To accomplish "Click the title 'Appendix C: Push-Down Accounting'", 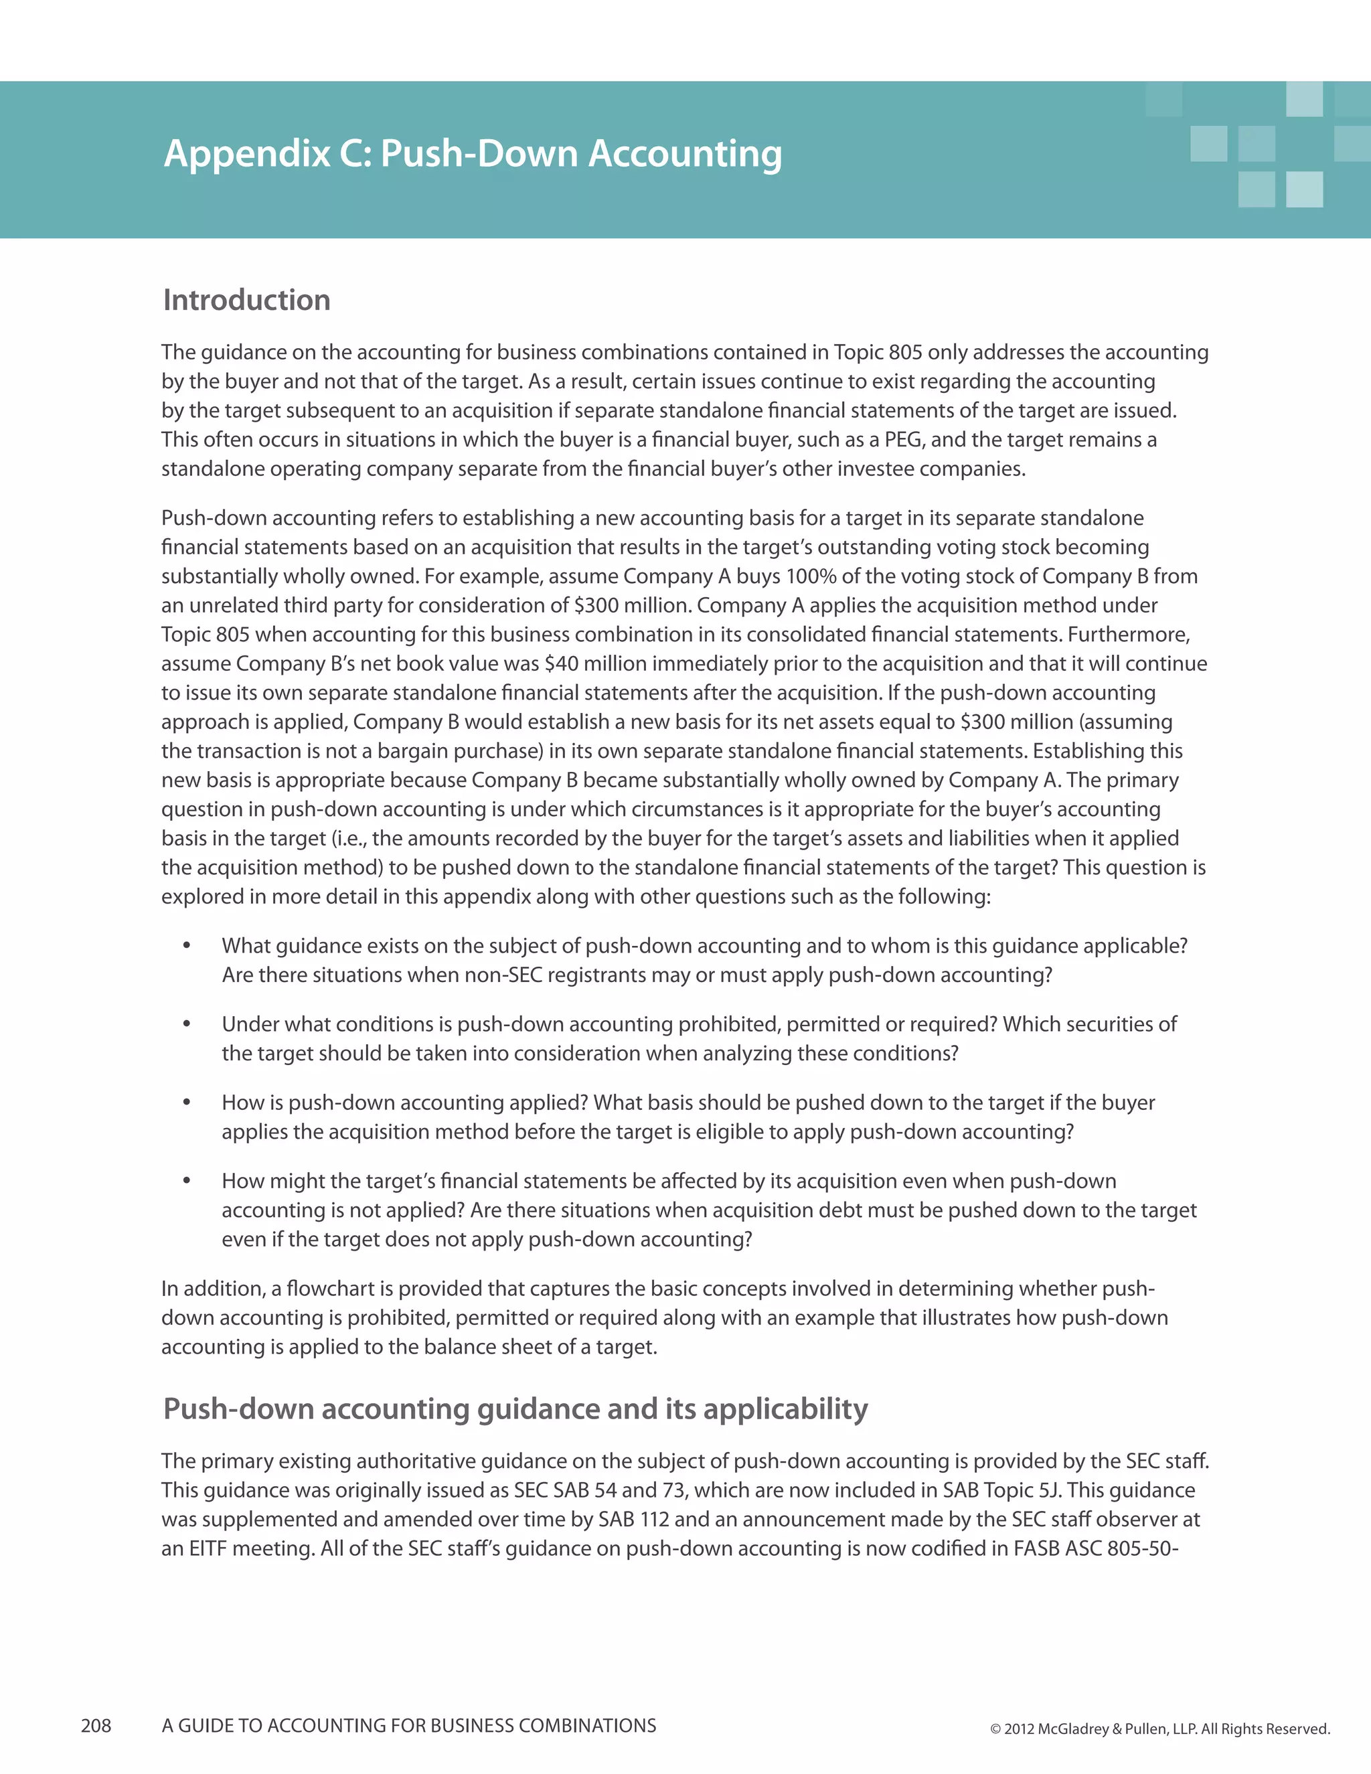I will pos(473,153).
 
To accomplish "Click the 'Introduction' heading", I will pos(247,300).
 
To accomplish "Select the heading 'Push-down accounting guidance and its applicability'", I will pos(515,1408).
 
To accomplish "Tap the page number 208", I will pos(96,1725).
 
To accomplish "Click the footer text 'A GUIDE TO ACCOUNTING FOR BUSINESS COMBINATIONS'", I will pos(408,1725).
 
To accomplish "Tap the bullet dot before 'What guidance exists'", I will pos(187,945).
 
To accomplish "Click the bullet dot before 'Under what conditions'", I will pos(187,1024).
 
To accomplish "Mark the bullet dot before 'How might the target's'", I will pos(187,1180).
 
